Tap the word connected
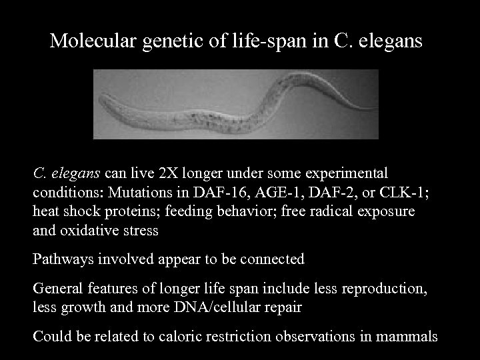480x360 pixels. [x=273, y=259]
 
